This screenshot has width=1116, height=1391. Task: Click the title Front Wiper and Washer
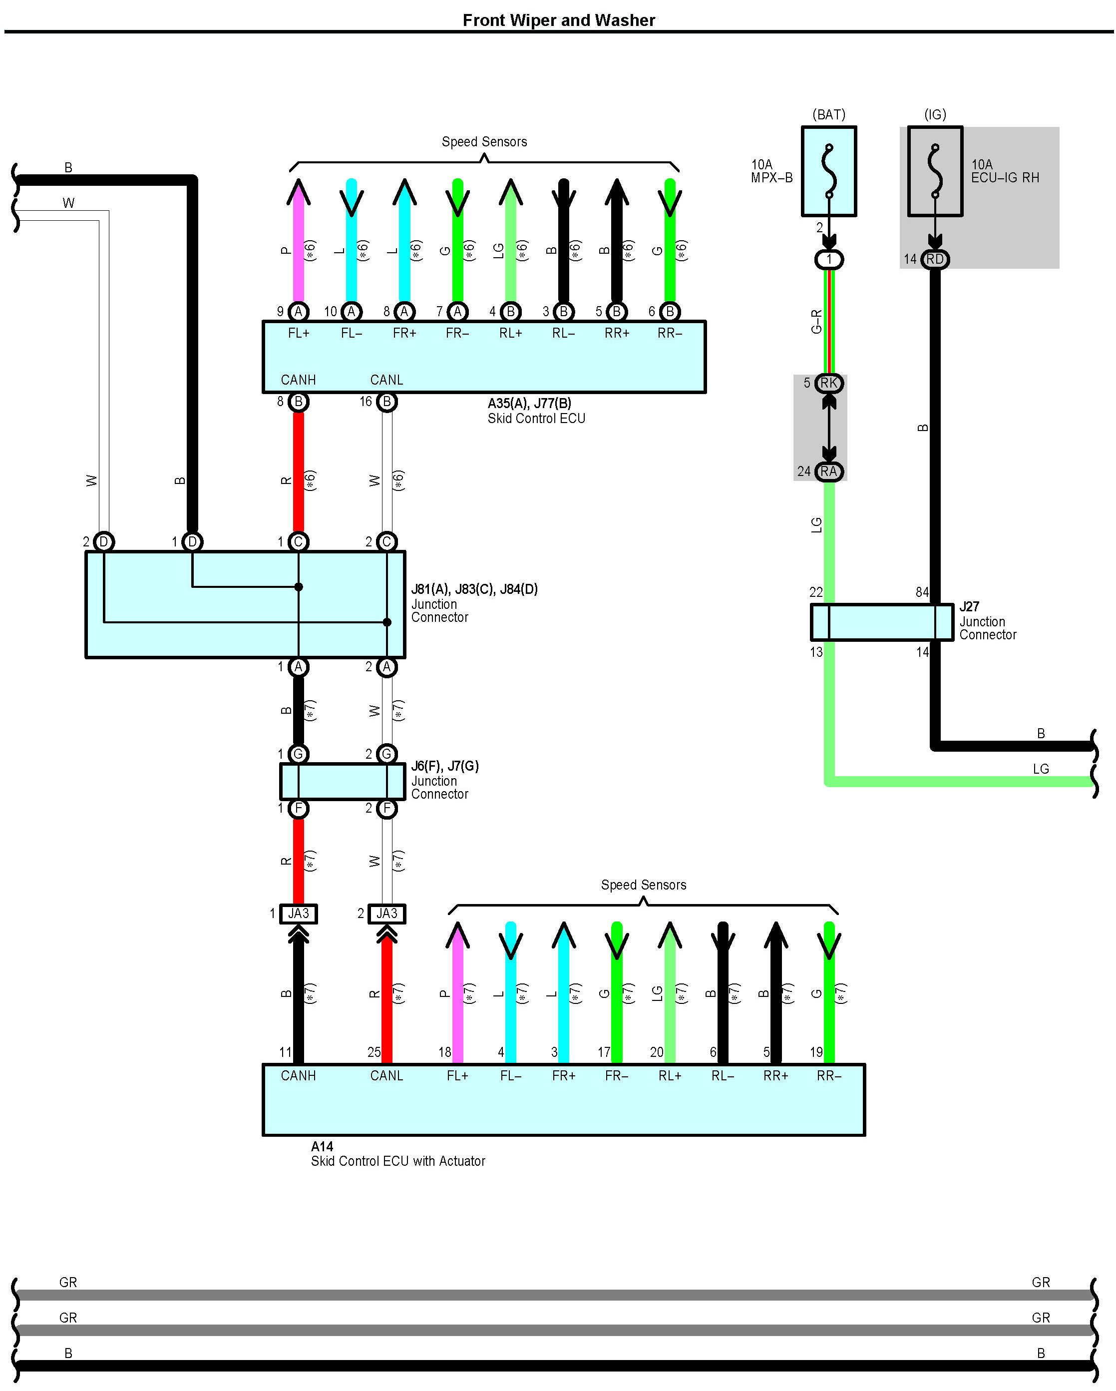(559, 20)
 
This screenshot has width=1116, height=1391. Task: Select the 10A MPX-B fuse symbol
(829, 171)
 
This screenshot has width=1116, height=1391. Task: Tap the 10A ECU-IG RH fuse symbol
(935, 171)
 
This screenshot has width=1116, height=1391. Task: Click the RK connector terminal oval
(829, 383)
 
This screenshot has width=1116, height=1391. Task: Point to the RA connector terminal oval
(829, 471)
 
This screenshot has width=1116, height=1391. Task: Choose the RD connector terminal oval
(935, 259)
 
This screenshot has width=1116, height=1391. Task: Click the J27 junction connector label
(969, 606)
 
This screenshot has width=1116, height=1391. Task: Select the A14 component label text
(322, 1146)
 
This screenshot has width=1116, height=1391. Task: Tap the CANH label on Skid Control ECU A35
(298, 380)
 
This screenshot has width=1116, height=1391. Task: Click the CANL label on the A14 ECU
(386, 1075)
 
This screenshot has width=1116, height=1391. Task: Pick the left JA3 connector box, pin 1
(298, 914)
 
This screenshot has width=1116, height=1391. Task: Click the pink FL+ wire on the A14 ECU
(457, 993)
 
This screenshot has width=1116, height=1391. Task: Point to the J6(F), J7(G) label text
(445, 767)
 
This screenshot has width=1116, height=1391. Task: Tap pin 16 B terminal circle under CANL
(386, 402)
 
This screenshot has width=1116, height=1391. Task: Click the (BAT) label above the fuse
(829, 115)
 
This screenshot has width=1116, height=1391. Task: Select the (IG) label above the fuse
(935, 115)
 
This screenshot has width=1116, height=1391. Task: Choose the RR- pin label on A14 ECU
(829, 1075)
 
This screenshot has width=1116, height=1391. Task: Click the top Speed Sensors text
(484, 142)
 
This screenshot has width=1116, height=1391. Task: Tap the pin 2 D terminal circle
(104, 542)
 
